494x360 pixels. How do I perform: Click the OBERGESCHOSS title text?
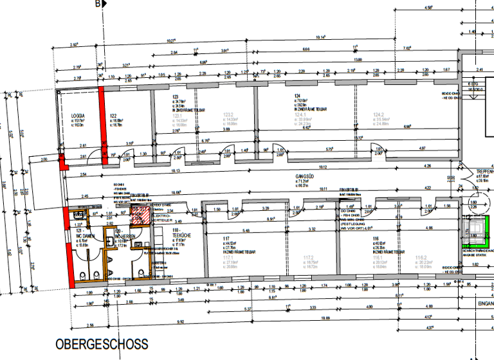click(x=102, y=345)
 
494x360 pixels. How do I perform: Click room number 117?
click(x=226, y=239)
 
